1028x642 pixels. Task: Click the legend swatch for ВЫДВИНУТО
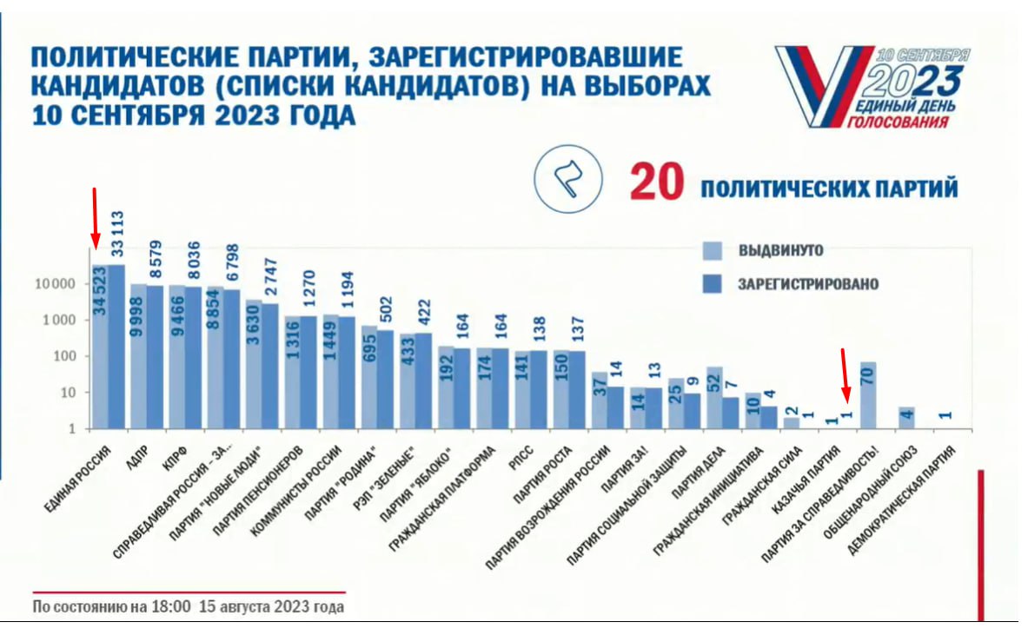click(x=712, y=251)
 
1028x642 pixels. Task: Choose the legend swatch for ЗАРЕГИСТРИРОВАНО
click(x=712, y=284)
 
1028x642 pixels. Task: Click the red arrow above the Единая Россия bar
click(x=95, y=216)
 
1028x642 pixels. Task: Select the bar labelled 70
click(x=867, y=395)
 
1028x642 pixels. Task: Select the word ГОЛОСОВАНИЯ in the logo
click(x=898, y=122)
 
